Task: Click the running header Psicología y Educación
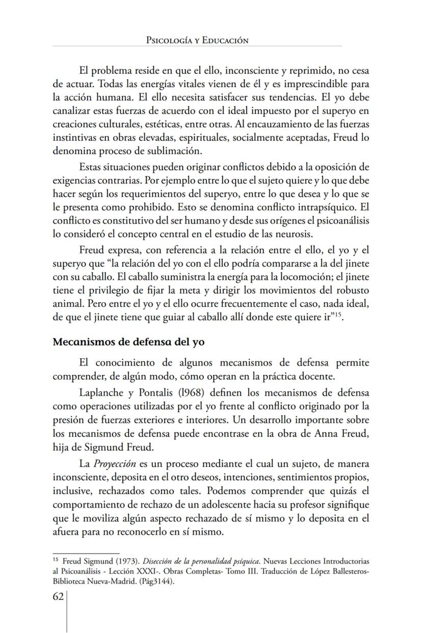pos(197,40)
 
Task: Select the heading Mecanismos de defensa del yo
pos(128,342)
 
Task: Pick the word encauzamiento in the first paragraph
pos(273,124)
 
